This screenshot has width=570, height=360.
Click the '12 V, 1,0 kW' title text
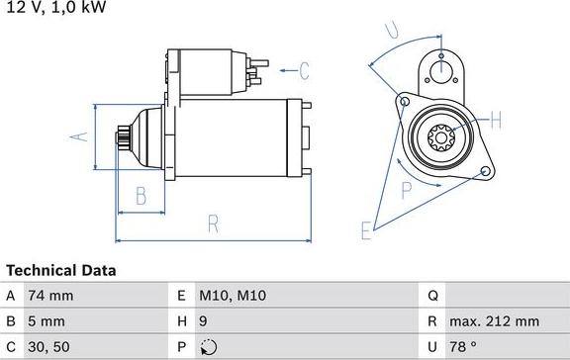[55, 8]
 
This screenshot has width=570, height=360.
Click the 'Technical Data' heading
[61, 270]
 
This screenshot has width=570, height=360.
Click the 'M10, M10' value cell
[233, 296]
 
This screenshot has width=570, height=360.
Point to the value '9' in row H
[204, 321]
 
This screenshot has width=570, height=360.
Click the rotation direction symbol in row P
[206, 347]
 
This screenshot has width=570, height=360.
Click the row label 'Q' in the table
[432, 296]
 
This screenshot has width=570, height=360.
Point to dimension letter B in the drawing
[141, 194]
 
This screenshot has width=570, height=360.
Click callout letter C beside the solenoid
[305, 70]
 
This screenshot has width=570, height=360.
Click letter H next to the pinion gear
[498, 121]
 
